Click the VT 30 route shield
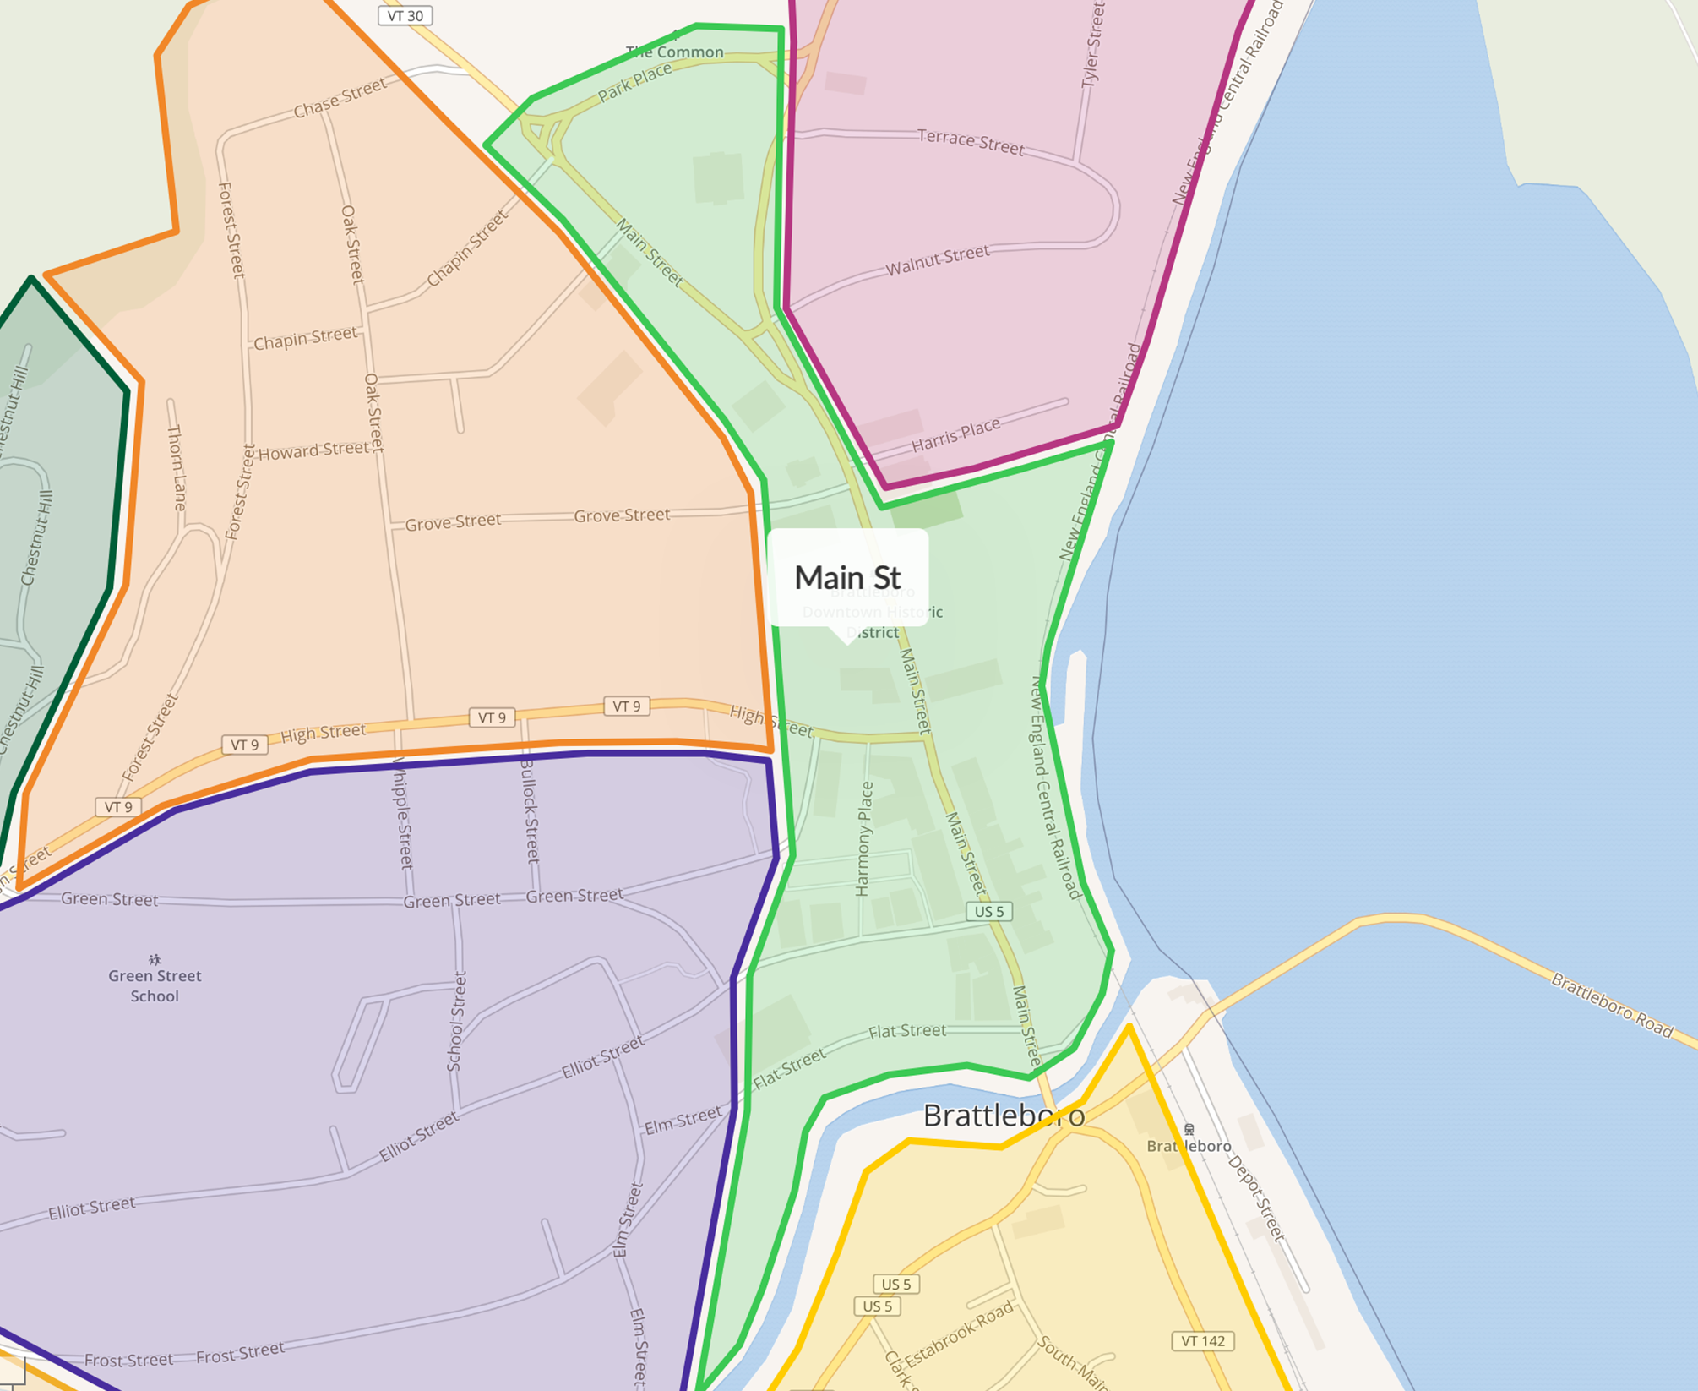coord(405,16)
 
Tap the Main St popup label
coord(847,578)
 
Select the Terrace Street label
coord(971,142)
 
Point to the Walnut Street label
coord(937,260)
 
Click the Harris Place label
coord(955,434)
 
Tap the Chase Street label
coord(340,98)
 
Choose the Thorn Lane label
coord(177,467)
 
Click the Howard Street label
coord(313,451)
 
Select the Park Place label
coord(634,83)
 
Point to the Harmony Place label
coord(863,838)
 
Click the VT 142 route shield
coord(1203,1341)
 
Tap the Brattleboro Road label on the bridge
coord(1612,1005)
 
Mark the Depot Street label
coord(1256,1198)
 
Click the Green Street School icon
coord(155,959)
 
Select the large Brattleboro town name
coord(1004,1116)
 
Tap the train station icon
coord(1189,1129)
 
